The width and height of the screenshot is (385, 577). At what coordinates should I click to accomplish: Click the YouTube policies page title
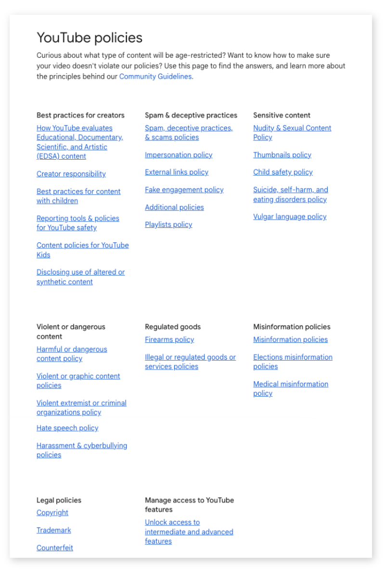[x=90, y=38]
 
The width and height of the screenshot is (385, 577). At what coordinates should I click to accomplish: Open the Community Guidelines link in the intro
[x=155, y=76]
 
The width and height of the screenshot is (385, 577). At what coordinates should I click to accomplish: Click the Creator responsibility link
[x=71, y=174]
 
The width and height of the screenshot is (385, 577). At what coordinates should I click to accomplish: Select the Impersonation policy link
[x=179, y=155]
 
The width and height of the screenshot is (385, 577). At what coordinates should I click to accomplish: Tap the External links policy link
[x=177, y=172]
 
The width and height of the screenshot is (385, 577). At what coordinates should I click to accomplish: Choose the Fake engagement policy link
[x=184, y=190]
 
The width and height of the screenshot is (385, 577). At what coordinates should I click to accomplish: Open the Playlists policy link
[x=168, y=225]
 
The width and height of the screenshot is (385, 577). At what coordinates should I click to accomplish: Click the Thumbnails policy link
[x=282, y=155]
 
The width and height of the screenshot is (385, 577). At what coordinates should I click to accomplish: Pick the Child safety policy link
[x=283, y=172]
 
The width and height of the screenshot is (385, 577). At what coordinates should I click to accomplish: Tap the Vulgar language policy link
[x=290, y=217]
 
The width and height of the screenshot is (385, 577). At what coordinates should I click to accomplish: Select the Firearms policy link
[x=169, y=339]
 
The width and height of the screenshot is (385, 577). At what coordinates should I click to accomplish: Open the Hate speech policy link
[x=67, y=428]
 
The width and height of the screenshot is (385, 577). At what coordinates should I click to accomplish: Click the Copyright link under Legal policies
[x=52, y=513]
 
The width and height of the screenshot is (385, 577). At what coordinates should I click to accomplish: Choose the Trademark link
[x=54, y=530]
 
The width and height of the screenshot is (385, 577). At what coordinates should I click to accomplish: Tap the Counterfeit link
[x=55, y=548]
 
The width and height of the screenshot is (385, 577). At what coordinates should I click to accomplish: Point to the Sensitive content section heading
[x=282, y=115]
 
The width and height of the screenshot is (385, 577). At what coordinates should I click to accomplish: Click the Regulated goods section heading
[x=173, y=327]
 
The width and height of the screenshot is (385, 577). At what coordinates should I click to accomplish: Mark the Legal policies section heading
[x=59, y=500]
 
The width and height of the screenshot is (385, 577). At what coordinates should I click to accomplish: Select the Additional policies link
[x=174, y=207]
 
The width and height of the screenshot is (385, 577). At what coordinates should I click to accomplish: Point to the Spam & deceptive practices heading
[x=191, y=115]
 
